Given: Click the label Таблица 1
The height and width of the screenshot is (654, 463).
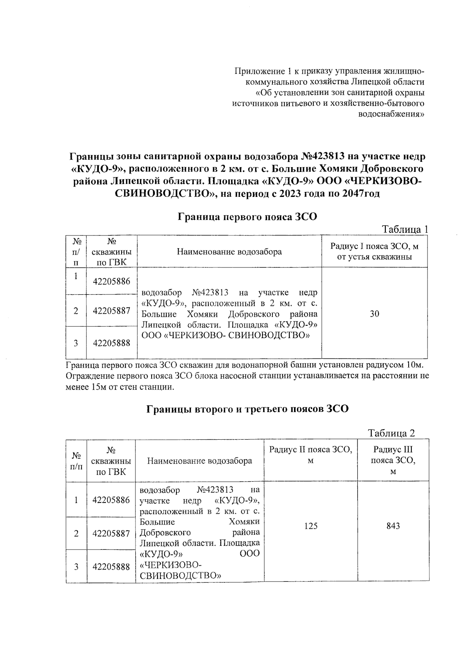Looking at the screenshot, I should [405, 230].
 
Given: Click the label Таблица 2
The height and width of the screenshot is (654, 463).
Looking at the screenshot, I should [391, 433].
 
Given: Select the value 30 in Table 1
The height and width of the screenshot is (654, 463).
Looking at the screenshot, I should [374, 314].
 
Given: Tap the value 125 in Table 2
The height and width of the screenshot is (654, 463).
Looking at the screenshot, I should [311, 526].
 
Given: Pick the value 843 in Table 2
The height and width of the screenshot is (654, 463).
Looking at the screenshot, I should [393, 526].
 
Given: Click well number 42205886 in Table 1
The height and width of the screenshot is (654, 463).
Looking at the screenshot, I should [112, 281].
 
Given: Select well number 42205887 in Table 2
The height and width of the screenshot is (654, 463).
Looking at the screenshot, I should [111, 534].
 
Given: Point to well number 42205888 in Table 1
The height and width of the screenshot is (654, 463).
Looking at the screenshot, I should [112, 343].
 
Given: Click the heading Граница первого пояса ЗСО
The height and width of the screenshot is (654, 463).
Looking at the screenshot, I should [247, 217].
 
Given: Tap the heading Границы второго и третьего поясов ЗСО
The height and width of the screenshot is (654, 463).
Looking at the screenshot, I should [247, 409].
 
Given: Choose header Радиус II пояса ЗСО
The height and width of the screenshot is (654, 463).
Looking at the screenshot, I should [311, 455].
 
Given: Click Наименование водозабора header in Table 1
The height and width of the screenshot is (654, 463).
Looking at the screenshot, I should [229, 252].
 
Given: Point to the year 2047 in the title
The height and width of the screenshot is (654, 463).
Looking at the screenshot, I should [353, 194].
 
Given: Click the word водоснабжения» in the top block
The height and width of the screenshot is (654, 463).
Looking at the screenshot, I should [392, 114].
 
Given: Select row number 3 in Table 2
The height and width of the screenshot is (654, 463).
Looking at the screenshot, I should [76, 567].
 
